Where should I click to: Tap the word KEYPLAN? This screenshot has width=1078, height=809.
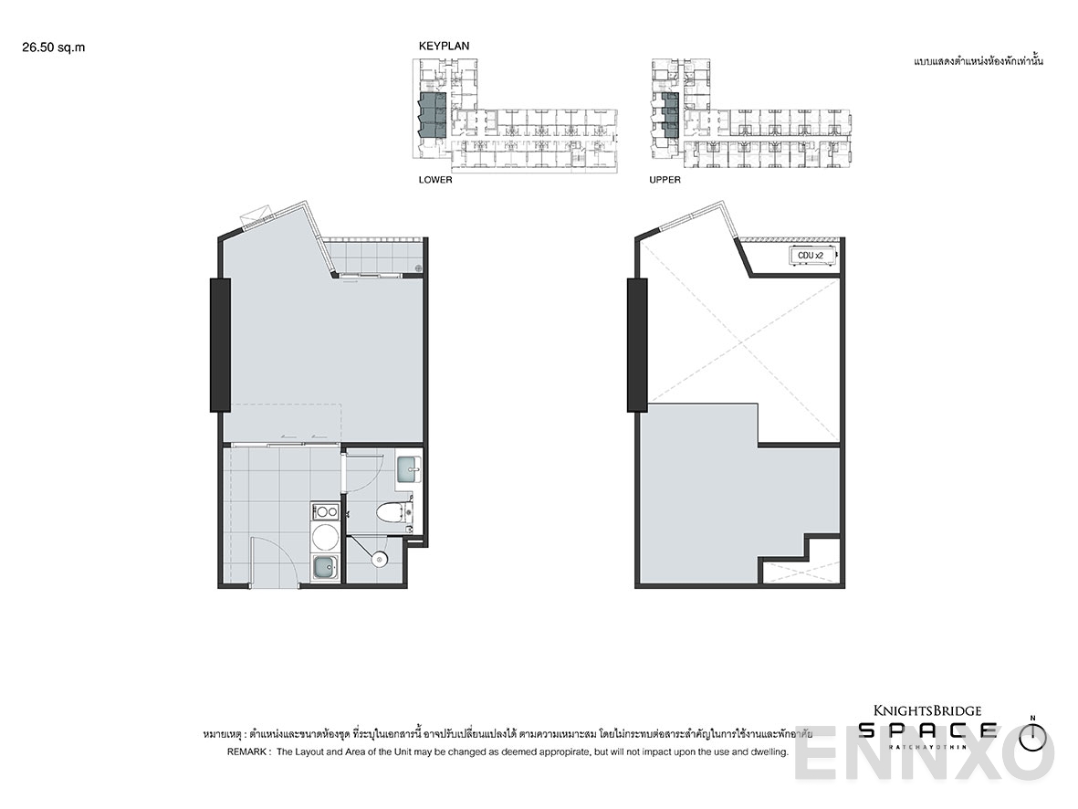[x=444, y=46]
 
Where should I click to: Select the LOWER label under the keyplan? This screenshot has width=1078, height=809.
[x=435, y=180]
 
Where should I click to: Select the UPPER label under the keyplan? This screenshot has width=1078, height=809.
[x=665, y=180]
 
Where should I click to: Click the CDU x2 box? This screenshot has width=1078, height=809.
[x=811, y=256]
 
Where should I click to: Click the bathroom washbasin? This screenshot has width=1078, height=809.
[x=408, y=470]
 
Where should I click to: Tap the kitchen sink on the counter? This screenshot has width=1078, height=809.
[x=324, y=568]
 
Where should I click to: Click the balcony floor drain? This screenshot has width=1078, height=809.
[x=418, y=268]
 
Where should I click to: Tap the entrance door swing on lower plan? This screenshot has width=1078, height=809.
[x=271, y=562]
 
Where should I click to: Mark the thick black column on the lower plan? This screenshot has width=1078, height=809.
[x=220, y=344]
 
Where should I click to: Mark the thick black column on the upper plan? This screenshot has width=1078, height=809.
[x=636, y=344]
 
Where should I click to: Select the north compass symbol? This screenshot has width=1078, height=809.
[x=1031, y=735]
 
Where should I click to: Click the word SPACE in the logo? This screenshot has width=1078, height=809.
[x=927, y=730]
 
